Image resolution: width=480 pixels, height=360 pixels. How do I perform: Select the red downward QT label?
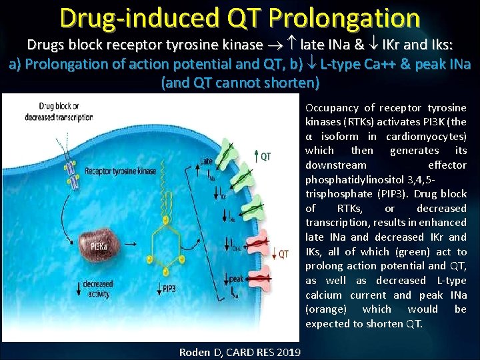click(282, 253)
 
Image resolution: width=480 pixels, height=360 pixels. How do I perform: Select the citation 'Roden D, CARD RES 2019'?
click(240, 352)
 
